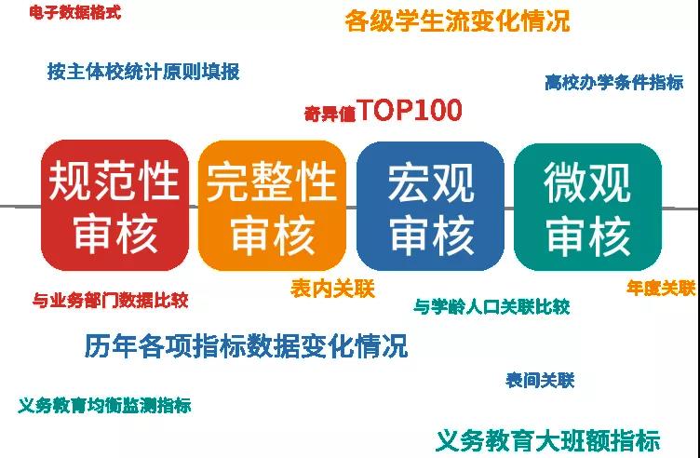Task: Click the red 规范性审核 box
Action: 114,206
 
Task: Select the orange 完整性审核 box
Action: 272,206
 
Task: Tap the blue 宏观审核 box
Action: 430,207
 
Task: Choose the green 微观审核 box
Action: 587,207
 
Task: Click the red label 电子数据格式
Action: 75,12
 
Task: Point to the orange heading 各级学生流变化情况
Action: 458,21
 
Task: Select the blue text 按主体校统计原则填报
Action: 143,72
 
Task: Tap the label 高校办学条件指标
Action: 613,83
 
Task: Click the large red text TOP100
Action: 410,110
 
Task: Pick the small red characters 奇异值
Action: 330,114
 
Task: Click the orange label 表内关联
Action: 332,289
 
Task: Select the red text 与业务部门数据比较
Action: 110,300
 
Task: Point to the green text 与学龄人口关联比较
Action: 491,306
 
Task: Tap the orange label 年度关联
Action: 661,288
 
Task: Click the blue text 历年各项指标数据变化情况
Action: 246,345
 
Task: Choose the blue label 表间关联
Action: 540,381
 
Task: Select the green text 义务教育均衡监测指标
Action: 104,405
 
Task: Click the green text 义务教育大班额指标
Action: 547,440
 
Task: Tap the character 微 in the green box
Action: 565,182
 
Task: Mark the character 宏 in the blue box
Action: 409,182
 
